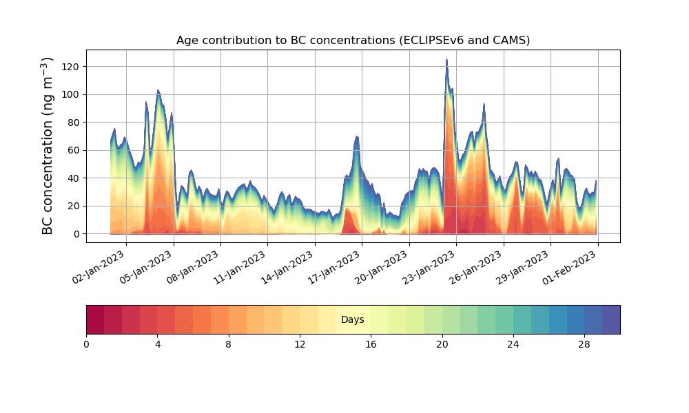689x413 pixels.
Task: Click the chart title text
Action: pyautogui.click(x=353, y=40)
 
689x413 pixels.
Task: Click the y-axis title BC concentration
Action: pyautogui.click(x=48, y=146)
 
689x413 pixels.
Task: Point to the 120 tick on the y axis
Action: pyautogui.click(x=71, y=67)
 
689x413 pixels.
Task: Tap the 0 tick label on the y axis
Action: pyautogui.click(x=76, y=234)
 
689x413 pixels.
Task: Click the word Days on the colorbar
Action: pyautogui.click(x=353, y=320)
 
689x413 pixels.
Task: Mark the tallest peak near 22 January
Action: pyautogui.click(x=446, y=61)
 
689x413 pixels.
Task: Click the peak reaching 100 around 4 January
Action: pyautogui.click(x=158, y=91)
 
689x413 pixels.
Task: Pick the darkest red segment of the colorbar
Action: pyautogui.click(x=95, y=319)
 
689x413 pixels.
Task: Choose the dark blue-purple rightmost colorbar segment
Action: pyautogui.click(x=610, y=319)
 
